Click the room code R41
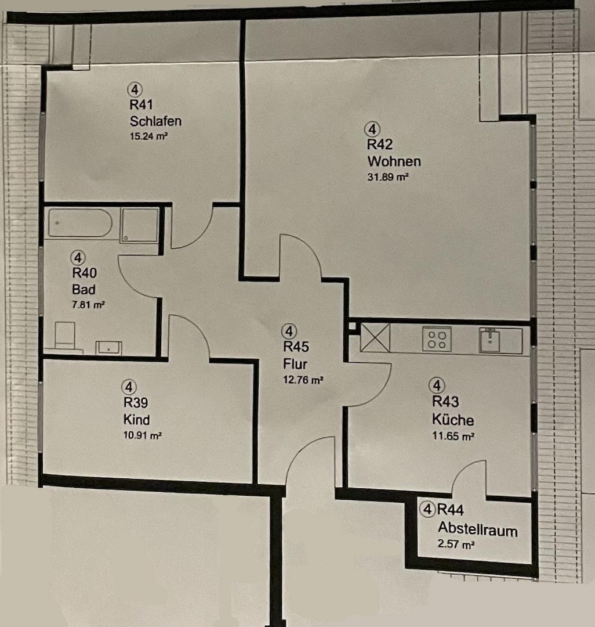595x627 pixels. pyautogui.click(x=142, y=105)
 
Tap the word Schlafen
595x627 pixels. pyautogui.click(x=156, y=121)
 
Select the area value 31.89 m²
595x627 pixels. pyautogui.click(x=388, y=176)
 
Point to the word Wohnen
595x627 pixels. pyautogui.click(x=394, y=161)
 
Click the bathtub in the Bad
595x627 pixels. pyautogui.click(x=80, y=223)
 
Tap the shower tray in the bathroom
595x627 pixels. pyautogui.click(x=140, y=224)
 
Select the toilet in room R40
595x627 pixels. pyautogui.click(x=65, y=336)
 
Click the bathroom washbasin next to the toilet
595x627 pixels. pyautogui.click(x=108, y=348)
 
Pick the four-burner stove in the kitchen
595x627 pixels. pyautogui.click(x=437, y=340)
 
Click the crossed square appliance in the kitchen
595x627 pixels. pyautogui.click(x=375, y=337)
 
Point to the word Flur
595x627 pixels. pyautogui.click(x=295, y=364)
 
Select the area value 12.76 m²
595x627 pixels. pyautogui.click(x=303, y=380)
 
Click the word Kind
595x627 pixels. pyautogui.click(x=136, y=420)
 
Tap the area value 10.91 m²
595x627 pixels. pyautogui.click(x=143, y=435)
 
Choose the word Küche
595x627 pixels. pyautogui.click(x=453, y=420)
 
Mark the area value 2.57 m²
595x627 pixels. pyautogui.click(x=456, y=544)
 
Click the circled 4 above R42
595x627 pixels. pyautogui.click(x=372, y=129)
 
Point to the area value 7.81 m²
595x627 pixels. pyautogui.click(x=88, y=305)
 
